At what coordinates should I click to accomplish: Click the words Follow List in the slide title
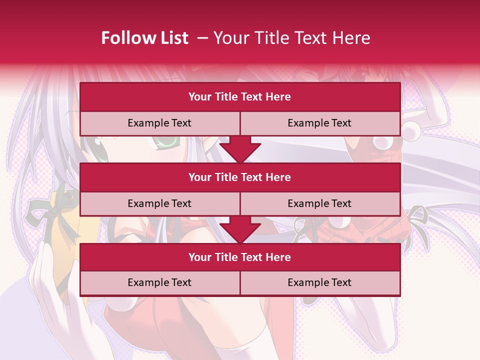click(144, 38)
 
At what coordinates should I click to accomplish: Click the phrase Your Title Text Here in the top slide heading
click(291, 38)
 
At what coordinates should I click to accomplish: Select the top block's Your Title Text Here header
click(239, 97)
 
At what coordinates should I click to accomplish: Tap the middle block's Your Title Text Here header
click(239, 177)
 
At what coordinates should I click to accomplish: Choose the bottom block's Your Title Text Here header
click(239, 257)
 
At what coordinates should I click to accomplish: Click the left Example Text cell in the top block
click(159, 123)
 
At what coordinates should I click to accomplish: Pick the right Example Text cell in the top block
click(319, 123)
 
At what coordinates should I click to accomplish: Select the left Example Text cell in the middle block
click(159, 203)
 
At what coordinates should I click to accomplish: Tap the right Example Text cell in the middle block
click(319, 203)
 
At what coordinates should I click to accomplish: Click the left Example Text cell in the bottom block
click(159, 282)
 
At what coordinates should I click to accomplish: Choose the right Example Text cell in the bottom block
click(319, 282)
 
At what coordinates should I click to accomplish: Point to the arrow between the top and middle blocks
click(240, 149)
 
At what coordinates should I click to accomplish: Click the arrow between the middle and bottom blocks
click(240, 229)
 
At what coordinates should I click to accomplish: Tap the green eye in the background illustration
click(167, 143)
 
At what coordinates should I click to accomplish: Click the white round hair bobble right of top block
click(411, 132)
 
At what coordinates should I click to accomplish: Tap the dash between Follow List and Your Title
click(202, 38)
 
